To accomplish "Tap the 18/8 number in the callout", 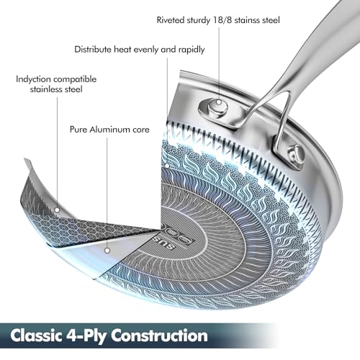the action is pos(222,20).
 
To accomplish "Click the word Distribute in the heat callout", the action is pos(93,50).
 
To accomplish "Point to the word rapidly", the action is pos(192,50).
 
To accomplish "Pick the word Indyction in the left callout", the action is pos(33,79).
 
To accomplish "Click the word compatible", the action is pos(75,79).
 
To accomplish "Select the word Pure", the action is pos(78,130).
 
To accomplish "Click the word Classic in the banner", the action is pos(36,336).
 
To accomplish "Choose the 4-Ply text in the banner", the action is pos(86,336).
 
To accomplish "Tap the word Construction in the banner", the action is pos(159,336).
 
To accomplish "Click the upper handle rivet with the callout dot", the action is pos(217,107).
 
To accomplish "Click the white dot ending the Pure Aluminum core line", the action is pos(107,251).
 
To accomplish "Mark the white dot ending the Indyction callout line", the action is pos(57,210).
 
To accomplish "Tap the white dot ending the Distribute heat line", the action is pos(167,166).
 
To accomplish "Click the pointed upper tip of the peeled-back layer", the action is pos(24,158).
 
